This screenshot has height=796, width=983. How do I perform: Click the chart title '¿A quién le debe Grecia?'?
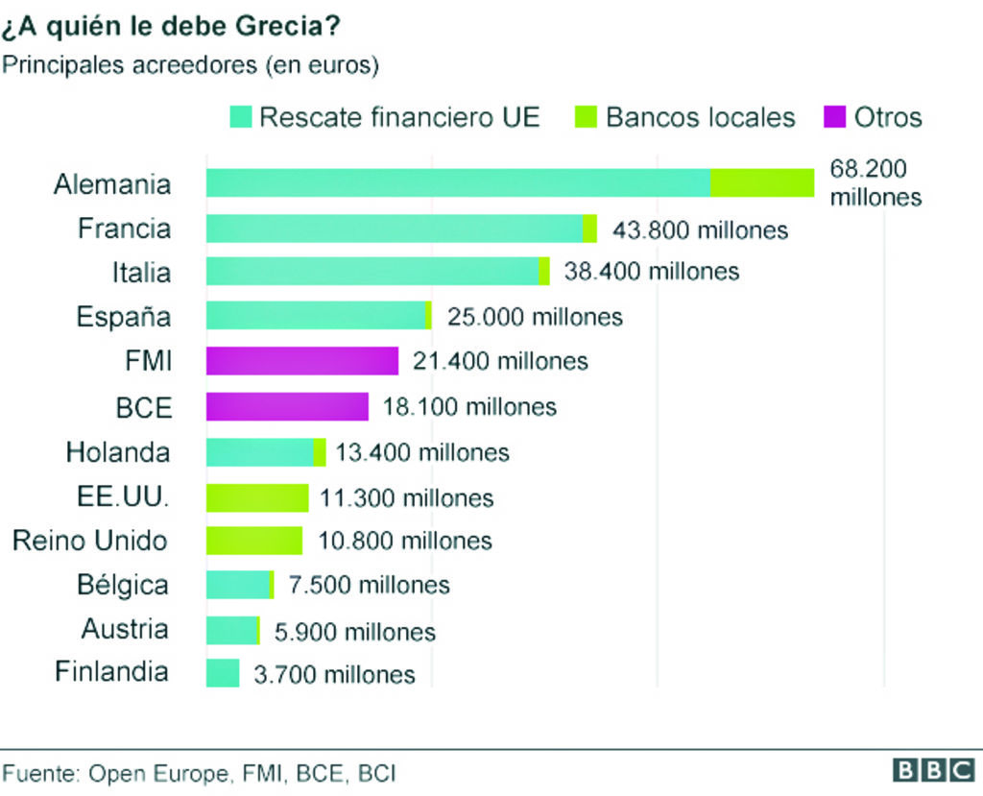click(171, 26)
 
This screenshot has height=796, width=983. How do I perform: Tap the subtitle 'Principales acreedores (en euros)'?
click(191, 65)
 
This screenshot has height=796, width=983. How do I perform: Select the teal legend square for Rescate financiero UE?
click(241, 118)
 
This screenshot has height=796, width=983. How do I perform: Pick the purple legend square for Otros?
click(835, 118)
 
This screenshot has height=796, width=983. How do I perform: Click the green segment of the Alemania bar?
click(762, 182)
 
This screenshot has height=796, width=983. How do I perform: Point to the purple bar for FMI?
click(301, 361)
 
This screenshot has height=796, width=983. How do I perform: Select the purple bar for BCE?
click(287, 406)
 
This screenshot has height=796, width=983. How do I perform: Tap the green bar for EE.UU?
click(257, 497)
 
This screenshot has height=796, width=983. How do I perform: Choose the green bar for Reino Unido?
click(254, 541)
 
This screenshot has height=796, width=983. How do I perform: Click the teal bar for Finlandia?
click(223, 673)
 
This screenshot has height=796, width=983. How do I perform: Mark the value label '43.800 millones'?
click(700, 230)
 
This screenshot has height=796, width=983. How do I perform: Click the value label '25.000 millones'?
click(535, 317)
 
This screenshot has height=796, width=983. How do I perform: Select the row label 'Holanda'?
click(118, 452)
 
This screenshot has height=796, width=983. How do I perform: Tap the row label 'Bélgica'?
click(123, 585)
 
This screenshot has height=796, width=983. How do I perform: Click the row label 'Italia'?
click(141, 273)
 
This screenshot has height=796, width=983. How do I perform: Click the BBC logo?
click(932, 770)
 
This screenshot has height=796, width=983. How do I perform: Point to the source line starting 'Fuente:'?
click(199, 774)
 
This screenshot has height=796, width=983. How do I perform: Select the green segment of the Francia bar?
click(589, 229)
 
